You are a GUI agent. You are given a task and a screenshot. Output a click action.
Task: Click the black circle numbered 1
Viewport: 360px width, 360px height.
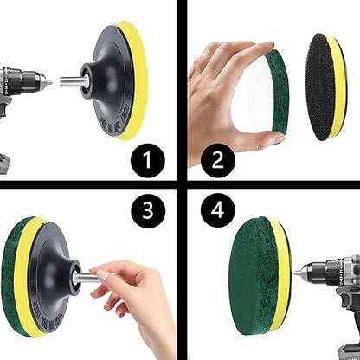pyautogui.click(x=148, y=160)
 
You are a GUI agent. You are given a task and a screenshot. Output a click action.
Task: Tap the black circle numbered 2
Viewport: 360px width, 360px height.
pyautogui.click(x=218, y=160)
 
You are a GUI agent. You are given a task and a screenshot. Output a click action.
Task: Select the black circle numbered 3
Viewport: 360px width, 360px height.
pyautogui.click(x=148, y=210)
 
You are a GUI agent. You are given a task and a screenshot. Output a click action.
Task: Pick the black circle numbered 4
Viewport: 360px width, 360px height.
pyautogui.click(x=218, y=210)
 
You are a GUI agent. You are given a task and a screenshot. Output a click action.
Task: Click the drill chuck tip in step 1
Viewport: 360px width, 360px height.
pyautogui.click(x=49, y=83)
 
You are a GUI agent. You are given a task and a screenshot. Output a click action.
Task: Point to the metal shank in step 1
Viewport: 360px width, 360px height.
pyautogui.click(x=71, y=81)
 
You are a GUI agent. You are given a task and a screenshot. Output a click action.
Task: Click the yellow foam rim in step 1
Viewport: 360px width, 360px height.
pyautogui.click(x=136, y=80)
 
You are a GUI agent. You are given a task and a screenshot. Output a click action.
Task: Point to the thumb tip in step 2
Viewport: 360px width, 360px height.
pyautogui.click(x=278, y=138)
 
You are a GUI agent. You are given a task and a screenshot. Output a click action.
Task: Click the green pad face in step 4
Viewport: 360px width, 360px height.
pyautogui.click(x=251, y=277)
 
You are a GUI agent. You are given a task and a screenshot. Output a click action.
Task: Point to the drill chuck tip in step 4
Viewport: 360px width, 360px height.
pyautogui.click(x=297, y=272)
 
